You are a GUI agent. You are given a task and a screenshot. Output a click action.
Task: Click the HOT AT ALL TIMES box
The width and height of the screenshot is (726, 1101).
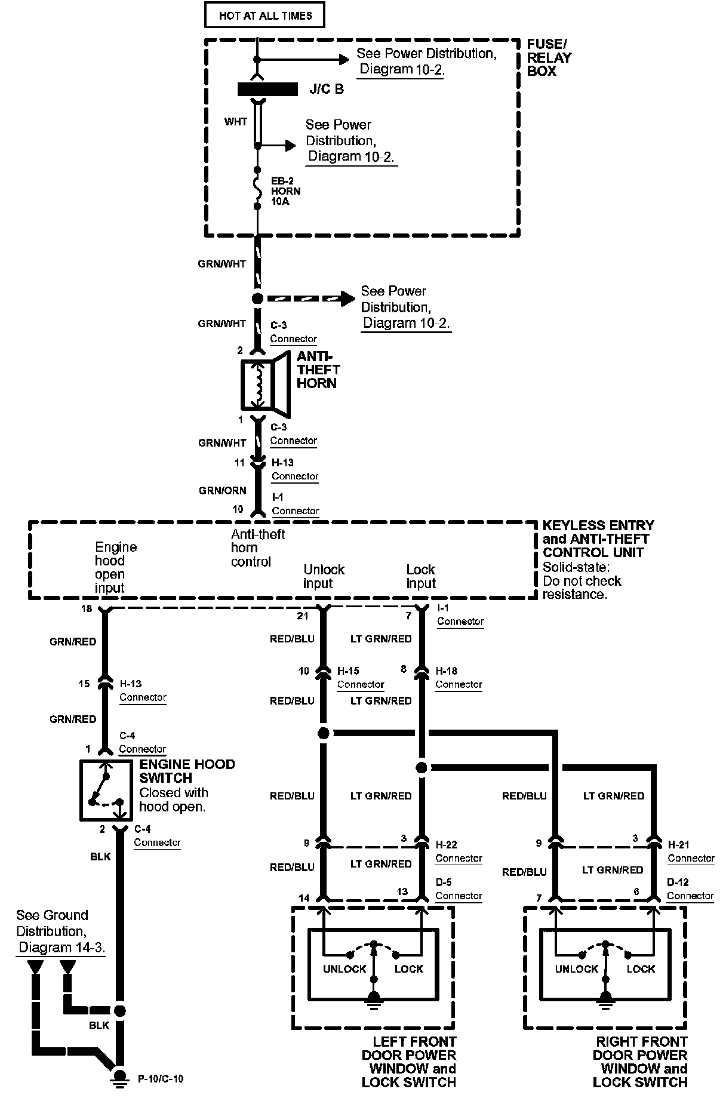click(264, 16)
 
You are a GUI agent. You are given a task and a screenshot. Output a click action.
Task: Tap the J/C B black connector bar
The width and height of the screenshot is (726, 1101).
click(267, 90)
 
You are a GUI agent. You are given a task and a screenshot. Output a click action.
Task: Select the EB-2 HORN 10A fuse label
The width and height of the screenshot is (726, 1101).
click(286, 191)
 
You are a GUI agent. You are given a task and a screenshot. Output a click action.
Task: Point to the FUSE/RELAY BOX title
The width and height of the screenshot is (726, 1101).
click(549, 57)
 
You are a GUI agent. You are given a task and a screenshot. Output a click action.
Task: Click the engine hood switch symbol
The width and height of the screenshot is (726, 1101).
click(106, 789)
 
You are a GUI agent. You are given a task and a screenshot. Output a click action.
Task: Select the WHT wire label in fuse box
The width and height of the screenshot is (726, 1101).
click(235, 122)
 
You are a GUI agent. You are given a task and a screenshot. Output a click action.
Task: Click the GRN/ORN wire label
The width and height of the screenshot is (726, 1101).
click(222, 490)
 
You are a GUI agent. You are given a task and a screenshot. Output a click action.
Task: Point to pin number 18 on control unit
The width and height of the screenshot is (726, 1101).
click(87, 608)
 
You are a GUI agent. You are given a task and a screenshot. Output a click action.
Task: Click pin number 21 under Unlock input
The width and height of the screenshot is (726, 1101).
click(302, 616)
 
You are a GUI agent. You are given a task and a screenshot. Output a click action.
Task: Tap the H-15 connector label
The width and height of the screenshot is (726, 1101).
click(348, 671)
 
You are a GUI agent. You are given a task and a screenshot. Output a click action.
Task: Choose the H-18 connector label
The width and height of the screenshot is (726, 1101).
click(447, 671)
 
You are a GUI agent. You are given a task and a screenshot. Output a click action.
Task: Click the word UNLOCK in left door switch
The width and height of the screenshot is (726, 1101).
click(344, 968)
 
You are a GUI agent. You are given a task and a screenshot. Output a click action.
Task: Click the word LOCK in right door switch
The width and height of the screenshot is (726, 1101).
click(641, 968)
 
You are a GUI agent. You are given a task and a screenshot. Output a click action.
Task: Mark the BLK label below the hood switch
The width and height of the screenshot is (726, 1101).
click(100, 857)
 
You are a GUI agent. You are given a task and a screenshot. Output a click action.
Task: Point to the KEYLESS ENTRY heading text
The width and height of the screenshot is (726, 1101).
click(598, 525)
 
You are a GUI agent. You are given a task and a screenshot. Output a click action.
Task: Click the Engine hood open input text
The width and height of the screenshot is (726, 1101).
click(115, 567)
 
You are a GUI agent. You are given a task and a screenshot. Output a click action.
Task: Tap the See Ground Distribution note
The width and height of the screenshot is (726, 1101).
click(60, 931)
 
